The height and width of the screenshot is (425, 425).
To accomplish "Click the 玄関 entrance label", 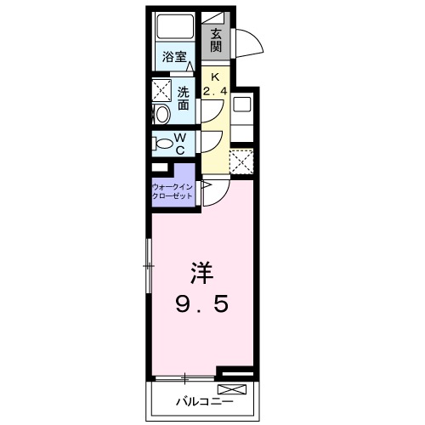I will click(x=218, y=40).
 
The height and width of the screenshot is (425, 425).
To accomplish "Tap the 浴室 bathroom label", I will click(x=174, y=58).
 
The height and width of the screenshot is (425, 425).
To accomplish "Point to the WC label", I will click(x=180, y=143).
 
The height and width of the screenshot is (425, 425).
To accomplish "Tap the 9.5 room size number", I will click(x=201, y=303).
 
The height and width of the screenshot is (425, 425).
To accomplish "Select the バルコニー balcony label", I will click(x=198, y=398).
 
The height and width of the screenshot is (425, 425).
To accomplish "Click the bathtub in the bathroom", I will click(x=176, y=27).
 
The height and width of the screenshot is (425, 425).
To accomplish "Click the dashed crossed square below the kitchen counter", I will click(x=241, y=161).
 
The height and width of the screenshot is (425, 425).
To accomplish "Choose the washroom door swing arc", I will click(x=210, y=109).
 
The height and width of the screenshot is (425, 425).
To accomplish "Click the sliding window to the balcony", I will click(x=184, y=375).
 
